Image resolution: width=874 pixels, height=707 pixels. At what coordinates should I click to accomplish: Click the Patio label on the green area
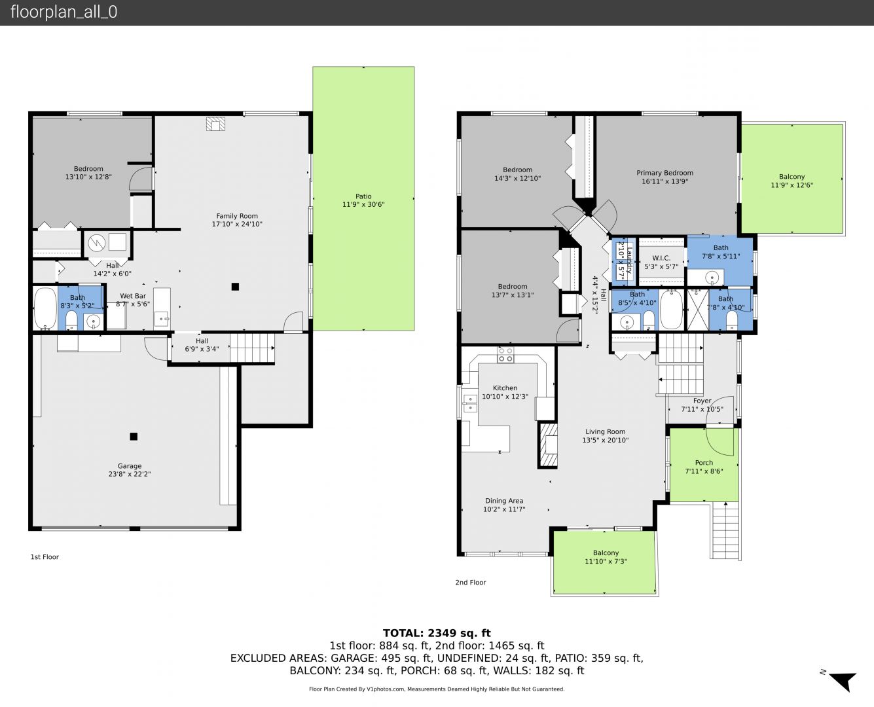pyautogui.click(x=363, y=196)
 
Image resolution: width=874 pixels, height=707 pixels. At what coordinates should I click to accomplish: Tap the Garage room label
pyautogui.click(x=129, y=465)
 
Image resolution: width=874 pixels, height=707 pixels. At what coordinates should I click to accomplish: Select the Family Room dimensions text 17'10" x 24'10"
pyautogui.click(x=237, y=224)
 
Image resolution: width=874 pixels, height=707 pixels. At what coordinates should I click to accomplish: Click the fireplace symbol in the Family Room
pyautogui.click(x=215, y=124)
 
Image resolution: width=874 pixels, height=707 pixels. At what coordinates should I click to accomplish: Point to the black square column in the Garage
pyautogui.click(x=134, y=436)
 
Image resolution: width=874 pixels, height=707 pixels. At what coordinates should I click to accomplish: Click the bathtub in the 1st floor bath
pyautogui.click(x=45, y=308)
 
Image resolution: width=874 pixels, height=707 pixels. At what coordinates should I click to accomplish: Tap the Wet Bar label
pyautogui.click(x=133, y=296)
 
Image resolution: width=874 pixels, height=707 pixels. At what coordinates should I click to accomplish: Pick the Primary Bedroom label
pyautogui.click(x=665, y=173)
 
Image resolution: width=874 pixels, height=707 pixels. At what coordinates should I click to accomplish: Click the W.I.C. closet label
pyautogui.click(x=661, y=258)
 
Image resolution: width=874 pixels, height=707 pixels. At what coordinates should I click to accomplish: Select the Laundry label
pyautogui.click(x=629, y=260)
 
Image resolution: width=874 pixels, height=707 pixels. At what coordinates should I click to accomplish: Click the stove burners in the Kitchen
pyautogui.click(x=505, y=355)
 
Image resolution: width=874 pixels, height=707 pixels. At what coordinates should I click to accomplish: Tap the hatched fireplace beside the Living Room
pyautogui.click(x=548, y=445)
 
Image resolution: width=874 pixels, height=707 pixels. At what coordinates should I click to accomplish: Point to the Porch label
pyautogui.click(x=704, y=462)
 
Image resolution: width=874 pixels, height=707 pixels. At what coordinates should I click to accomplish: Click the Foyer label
pyautogui.click(x=702, y=401)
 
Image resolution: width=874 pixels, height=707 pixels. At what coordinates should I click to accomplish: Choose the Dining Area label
pyautogui.click(x=504, y=501)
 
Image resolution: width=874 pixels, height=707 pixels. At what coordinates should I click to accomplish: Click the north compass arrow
pyautogui.click(x=844, y=681)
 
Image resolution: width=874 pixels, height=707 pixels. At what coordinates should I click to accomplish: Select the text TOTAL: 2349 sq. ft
pyautogui.click(x=437, y=633)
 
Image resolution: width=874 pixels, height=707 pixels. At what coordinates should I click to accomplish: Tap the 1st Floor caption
pyautogui.click(x=45, y=557)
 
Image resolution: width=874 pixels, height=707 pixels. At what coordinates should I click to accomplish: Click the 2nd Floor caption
pyautogui.click(x=470, y=582)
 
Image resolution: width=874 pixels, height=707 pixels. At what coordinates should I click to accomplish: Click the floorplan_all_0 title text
pyautogui.click(x=64, y=12)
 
